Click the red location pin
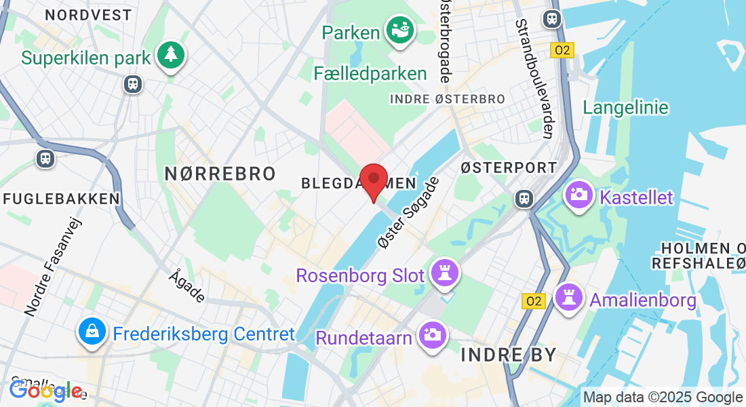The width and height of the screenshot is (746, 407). point(373,181)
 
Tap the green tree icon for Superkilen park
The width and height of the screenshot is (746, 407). point(170,55)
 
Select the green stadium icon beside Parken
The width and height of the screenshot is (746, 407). point(399,31)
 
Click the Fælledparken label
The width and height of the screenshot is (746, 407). point(370,73)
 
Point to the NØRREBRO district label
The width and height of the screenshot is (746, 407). point(220,174)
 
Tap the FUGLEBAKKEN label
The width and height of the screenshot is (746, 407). point(62,199)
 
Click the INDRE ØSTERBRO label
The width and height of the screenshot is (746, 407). point(448,99)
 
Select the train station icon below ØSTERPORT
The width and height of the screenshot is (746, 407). point(524,198)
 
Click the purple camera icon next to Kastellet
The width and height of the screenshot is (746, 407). point(578,195)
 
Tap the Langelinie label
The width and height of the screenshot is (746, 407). point(626,107)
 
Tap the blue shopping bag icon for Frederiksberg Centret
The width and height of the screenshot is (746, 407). point(90,331)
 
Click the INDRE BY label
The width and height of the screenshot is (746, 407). point(509,354)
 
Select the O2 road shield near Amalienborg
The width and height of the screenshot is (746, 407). point(534,301)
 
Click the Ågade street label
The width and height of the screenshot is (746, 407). point(187,286)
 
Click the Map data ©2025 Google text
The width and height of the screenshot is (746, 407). point(663,398)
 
